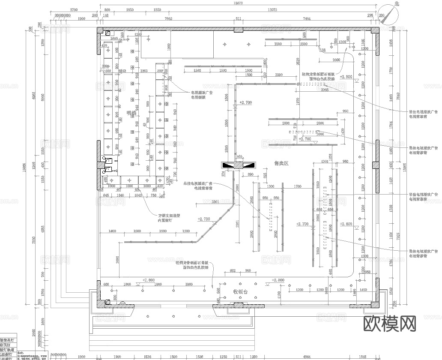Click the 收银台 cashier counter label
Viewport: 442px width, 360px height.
[240, 291]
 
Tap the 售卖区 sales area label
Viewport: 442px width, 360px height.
[281, 163]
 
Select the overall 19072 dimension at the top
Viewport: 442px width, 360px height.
[239, 3]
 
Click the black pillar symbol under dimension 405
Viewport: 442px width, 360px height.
[238, 165]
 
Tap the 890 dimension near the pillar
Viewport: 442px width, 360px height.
[251, 174]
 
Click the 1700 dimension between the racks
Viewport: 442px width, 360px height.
[298, 186]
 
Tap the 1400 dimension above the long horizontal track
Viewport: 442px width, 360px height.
[112, 231]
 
